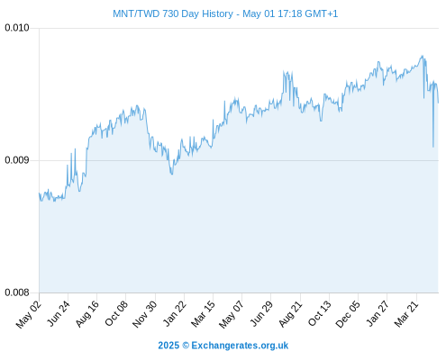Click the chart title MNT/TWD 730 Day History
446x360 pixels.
click(173, 13)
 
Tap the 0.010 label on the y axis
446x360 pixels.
click(17, 28)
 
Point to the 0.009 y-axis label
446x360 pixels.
click(17, 160)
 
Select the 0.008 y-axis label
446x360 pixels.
click(17, 292)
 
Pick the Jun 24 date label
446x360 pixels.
click(59, 313)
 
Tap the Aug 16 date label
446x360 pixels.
click(86, 314)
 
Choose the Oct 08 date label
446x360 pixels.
click(116, 313)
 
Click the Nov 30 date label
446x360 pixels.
click(144, 314)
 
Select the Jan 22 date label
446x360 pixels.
click(175, 313)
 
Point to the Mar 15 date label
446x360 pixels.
click(203, 314)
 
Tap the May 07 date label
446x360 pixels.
click(231, 314)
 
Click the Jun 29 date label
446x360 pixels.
click(261, 313)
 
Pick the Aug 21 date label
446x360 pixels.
click(290, 314)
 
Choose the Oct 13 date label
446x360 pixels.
click(319, 313)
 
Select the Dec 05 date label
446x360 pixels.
click(348, 314)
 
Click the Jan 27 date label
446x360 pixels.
click(378, 313)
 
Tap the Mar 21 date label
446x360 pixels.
click(406, 314)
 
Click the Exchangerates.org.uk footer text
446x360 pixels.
click(240, 346)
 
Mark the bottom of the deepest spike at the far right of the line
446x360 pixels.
click(433, 147)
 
